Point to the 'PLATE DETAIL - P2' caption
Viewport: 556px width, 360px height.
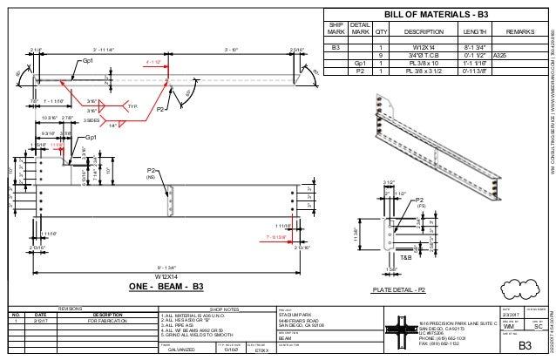coord(400,287)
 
